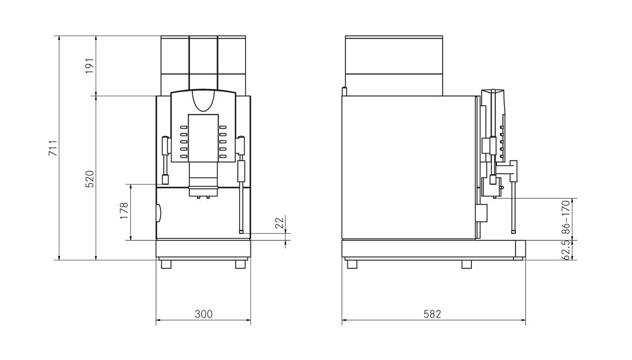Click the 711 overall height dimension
(x=53, y=148)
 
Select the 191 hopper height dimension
(x=89, y=66)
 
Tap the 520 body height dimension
(x=89, y=179)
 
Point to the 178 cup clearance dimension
(x=124, y=211)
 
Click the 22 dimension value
(x=279, y=223)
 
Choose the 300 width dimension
(x=204, y=314)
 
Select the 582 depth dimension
(x=432, y=314)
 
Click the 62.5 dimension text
(x=566, y=250)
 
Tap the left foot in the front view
(x=166, y=264)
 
